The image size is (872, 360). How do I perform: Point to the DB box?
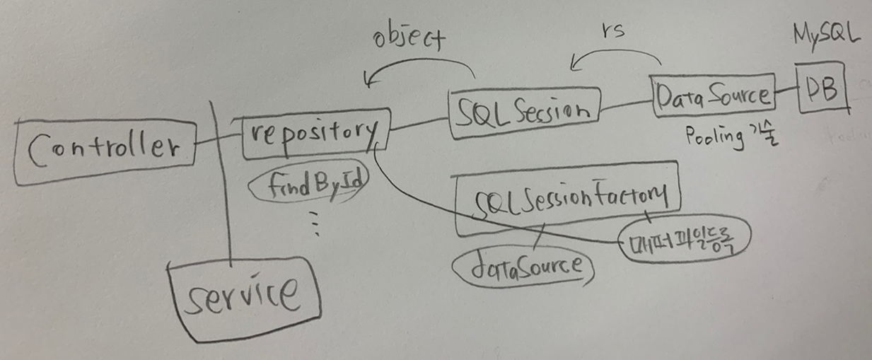(x=822, y=90)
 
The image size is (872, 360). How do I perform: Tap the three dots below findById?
(x=315, y=223)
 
